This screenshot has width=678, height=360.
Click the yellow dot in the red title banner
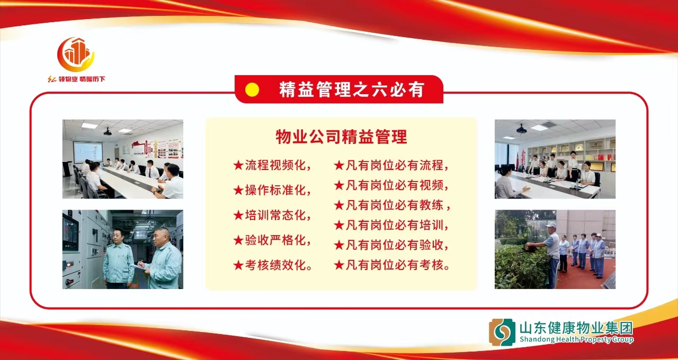(x=252, y=90)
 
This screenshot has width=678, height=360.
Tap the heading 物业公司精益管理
(x=342, y=137)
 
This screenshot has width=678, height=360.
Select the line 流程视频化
(x=272, y=165)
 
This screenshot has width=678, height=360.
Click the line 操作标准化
(x=272, y=190)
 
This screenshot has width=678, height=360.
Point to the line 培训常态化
(x=272, y=215)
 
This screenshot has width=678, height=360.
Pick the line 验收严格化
(x=272, y=240)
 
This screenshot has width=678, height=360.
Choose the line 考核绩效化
(x=273, y=265)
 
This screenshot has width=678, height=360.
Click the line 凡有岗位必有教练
(x=392, y=205)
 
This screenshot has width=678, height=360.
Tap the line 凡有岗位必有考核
(x=392, y=265)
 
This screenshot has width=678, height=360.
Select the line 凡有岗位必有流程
(x=391, y=165)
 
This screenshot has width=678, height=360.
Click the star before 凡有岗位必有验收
(x=339, y=245)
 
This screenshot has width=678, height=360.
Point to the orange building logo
(x=76, y=55)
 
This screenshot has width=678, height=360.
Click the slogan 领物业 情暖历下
(x=76, y=79)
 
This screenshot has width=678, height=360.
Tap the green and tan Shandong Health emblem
(x=502, y=332)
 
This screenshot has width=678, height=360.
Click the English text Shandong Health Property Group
(x=577, y=339)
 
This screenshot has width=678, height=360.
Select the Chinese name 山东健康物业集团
(x=576, y=328)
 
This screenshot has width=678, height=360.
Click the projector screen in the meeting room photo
(x=88, y=152)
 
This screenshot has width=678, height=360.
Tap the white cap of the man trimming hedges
(x=551, y=226)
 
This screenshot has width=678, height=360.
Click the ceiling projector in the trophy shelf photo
(x=522, y=130)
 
